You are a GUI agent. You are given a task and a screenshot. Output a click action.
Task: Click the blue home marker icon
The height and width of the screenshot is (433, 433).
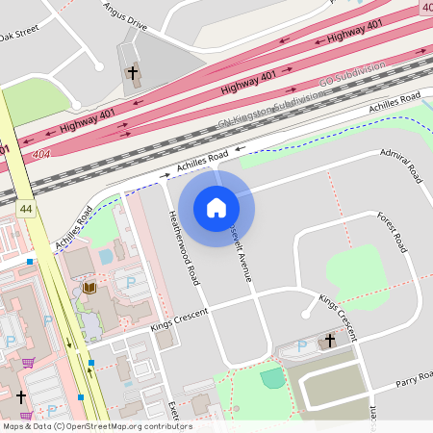tap(216, 207)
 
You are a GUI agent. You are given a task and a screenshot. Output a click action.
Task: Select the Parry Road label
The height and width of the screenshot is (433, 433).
tap(414, 380)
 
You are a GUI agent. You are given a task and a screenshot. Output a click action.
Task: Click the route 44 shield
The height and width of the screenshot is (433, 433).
tap(25, 209)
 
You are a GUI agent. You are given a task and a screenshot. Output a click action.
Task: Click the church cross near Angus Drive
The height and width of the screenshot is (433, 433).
tap(134, 72)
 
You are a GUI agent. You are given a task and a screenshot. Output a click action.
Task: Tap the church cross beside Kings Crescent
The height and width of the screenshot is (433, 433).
tap(329, 340)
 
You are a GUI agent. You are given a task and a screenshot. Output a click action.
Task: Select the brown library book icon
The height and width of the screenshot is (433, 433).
tap(89, 288)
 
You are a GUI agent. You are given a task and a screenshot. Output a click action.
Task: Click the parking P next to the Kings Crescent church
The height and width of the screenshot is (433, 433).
tap(299, 344)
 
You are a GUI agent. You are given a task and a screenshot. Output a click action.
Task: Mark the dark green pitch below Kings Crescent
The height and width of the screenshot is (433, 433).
tap(273, 377)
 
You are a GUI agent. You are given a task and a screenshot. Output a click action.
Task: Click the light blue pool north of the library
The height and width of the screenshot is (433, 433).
tap(105, 257)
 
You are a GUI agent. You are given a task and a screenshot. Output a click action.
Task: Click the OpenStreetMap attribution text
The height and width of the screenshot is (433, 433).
tap(96, 426)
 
